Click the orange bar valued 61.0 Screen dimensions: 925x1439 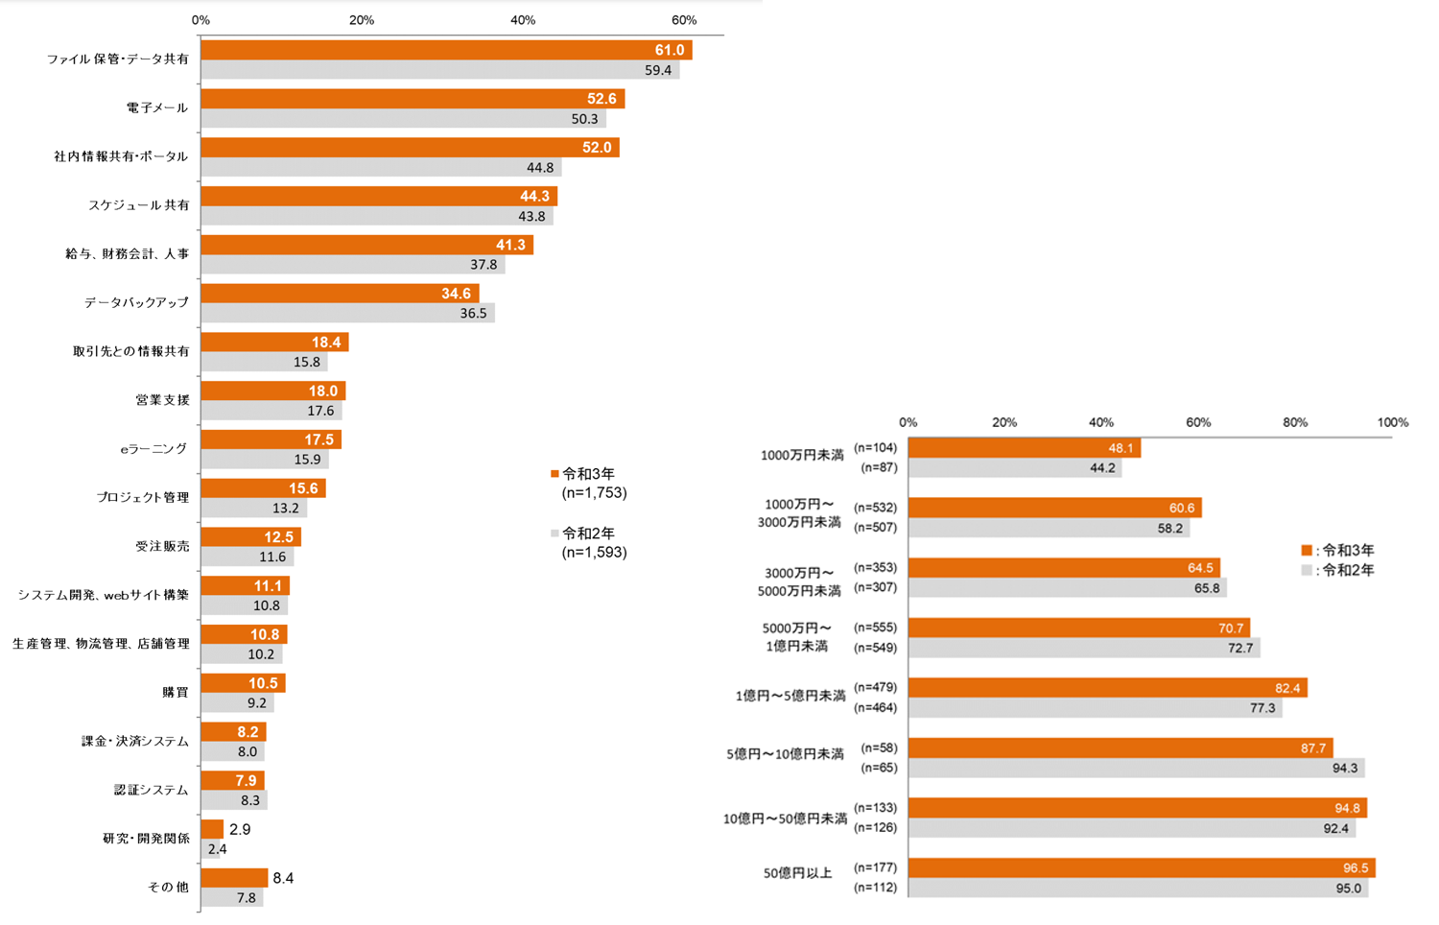(446, 50)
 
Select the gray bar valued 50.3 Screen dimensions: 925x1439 (403, 119)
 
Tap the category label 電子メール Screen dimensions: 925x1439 (157, 107)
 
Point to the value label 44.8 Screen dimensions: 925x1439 (540, 168)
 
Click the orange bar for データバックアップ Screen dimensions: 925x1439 (340, 294)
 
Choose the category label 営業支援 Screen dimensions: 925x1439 (162, 400)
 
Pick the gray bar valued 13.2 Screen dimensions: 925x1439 (253, 509)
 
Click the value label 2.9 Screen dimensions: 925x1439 (240, 829)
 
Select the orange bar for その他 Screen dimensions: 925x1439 (234, 878)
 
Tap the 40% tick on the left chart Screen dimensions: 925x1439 (523, 20)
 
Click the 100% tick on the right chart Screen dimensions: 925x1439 (1393, 422)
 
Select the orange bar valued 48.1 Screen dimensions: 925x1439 (1024, 448)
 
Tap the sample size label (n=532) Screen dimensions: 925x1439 (875, 508)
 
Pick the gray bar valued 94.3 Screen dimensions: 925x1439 (1136, 768)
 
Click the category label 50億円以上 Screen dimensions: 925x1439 (797, 873)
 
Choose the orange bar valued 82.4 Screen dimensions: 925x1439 (1107, 688)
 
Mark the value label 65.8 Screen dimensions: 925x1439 (1207, 588)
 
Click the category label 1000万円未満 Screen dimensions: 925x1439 (802, 455)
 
